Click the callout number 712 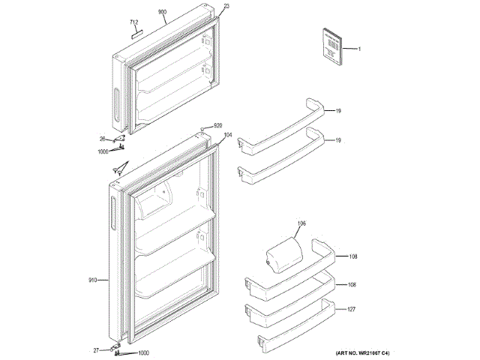point(134,22)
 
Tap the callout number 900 point(162,13)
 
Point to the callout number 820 point(218,125)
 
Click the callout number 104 point(228,136)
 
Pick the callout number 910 point(93,280)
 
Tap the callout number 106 point(301,223)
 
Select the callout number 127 point(352,308)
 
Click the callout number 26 point(103,139)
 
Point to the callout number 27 point(96,349)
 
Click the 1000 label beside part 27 point(143,353)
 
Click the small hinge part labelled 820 point(202,130)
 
